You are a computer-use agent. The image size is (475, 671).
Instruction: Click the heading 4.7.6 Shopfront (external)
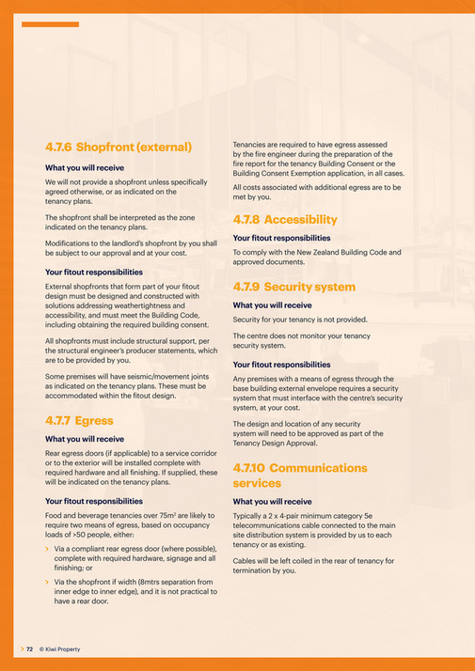tap(119, 147)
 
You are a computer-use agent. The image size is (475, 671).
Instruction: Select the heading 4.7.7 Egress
tap(79, 420)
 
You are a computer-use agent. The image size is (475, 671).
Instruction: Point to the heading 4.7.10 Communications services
tap(299, 475)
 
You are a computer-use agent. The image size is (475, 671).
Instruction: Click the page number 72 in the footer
tap(29, 649)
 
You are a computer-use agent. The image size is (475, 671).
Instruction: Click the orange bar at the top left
tap(50, 24)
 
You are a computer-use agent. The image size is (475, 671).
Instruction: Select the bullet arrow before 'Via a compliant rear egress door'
tap(48, 547)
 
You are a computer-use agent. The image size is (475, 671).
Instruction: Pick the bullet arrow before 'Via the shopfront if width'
tap(48, 582)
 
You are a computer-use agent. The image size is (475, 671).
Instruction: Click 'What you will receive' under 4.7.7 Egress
tap(85, 439)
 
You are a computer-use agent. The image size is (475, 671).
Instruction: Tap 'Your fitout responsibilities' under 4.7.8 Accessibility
tap(281, 238)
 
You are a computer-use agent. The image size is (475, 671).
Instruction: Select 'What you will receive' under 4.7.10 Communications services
tap(272, 502)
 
